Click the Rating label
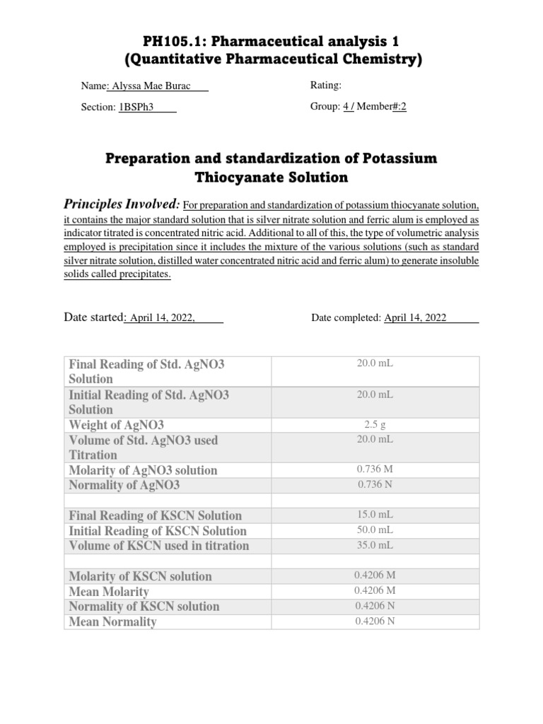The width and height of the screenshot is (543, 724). (326, 86)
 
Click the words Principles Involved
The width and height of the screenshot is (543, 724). (122, 204)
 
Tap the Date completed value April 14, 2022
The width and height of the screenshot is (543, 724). (415, 318)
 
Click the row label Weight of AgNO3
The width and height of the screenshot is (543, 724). (116, 425)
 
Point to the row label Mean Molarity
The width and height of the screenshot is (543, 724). (109, 592)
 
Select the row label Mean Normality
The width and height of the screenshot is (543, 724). (112, 622)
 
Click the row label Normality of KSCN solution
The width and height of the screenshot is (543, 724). (144, 607)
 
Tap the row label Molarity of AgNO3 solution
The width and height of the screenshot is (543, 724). (143, 470)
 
